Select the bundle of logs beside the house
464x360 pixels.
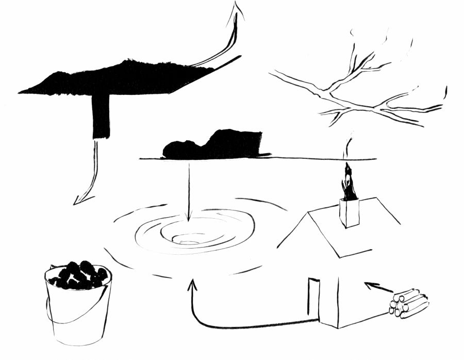pyautogui.click(x=408, y=303)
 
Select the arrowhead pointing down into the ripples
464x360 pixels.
pyautogui.click(x=189, y=218)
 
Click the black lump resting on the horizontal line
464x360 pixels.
pyautogui.click(x=214, y=145)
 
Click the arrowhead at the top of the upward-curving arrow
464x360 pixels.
pyautogui.click(x=238, y=9)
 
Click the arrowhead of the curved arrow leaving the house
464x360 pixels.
pyautogui.click(x=193, y=284)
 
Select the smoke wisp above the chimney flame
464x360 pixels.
pyautogui.click(x=347, y=147)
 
